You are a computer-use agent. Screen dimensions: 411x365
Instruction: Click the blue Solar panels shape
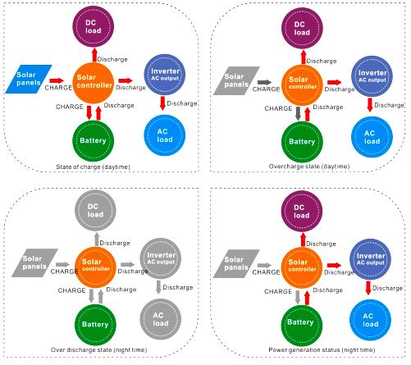(x=29, y=80)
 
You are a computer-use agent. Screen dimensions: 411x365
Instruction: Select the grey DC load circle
(x=95, y=211)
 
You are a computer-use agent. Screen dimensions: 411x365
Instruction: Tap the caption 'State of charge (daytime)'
(x=93, y=167)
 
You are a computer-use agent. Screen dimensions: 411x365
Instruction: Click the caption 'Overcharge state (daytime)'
(x=309, y=167)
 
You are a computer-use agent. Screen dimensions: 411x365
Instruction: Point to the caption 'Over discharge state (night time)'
(x=98, y=350)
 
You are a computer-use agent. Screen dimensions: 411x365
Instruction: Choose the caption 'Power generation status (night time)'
(x=322, y=350)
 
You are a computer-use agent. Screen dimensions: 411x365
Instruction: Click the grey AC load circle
(x=161, y=319)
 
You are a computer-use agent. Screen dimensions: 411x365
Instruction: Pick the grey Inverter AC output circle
(x=161, y=258)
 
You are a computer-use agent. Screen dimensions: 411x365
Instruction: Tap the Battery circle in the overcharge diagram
(x=302, y=142)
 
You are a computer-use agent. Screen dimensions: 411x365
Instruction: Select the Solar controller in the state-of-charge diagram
(x=94, y=83)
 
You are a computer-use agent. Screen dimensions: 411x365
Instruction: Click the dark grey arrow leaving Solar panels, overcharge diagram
(x=264, y=82)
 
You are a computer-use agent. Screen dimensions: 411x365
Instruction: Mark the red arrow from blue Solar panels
(x=57, y=80)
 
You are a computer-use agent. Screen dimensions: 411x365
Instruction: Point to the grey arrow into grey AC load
(x=158, y=287)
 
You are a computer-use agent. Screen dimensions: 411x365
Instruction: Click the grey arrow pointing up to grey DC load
(x=97, y=240)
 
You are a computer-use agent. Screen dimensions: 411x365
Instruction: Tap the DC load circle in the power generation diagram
(x=302, y=212)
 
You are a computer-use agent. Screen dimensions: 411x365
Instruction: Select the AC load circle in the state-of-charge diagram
(x=165, y=135)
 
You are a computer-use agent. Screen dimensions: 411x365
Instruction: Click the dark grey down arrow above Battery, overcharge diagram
(x=298, y=113)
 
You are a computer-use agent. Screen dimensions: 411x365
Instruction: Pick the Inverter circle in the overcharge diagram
(x=372, y=76)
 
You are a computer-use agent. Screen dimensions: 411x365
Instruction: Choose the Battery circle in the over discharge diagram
(x=95, y=325)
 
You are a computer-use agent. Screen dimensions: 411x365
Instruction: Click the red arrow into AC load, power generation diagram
(x=368, y=288)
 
